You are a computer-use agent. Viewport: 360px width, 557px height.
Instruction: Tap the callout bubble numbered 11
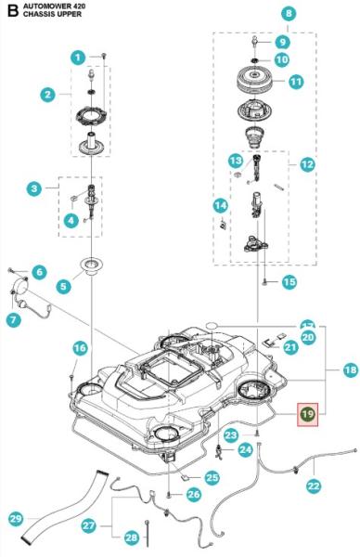click(x=296, y=82)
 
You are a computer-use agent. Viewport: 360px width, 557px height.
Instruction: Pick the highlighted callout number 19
click(x=307, y=414)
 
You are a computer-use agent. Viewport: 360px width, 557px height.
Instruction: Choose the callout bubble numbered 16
click(x=80, y=347)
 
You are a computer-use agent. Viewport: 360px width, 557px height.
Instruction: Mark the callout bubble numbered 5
click(x=64, y=286)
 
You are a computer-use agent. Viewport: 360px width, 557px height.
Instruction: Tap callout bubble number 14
click(x=221, y=204)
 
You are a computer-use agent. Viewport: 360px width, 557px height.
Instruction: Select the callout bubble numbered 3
click(x=34, y=188)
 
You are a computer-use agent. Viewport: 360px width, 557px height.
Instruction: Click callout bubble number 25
click(x=212, y=478)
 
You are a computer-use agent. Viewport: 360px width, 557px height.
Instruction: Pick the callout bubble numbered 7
click(x=14, y=319)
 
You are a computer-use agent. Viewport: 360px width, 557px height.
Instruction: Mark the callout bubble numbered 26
click(x=193, y=495)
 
